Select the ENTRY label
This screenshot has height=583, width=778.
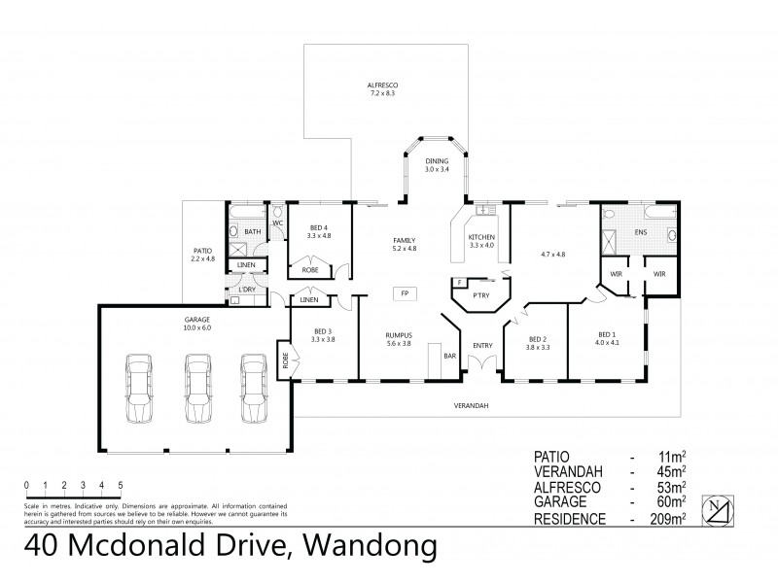click(x=483, y=345)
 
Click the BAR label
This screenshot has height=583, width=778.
click(x=450, y=357)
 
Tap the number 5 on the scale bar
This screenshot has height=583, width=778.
click(x=121, y=483)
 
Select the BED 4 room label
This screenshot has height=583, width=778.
click(x=312, y=231)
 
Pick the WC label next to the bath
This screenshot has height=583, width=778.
click(x=277, y=223)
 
